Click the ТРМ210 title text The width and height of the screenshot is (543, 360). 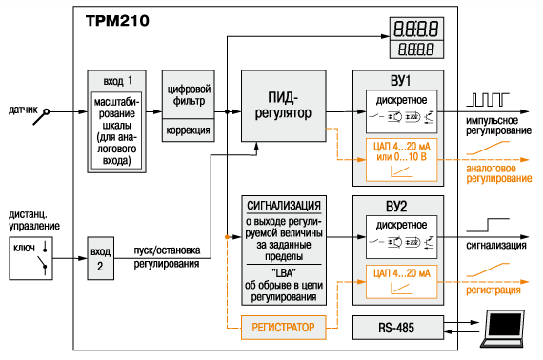117,21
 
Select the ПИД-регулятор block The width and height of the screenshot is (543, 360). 283,106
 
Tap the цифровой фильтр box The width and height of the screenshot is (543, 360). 189,94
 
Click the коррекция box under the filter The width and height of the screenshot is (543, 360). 189,130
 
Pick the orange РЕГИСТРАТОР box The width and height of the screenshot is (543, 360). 283,328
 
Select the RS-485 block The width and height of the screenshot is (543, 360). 398,328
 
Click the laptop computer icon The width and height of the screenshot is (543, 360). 503,329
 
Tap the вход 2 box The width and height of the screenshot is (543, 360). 100,258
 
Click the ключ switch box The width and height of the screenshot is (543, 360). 30,258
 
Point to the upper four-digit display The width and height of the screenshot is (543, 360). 416,29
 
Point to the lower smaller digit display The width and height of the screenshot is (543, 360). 416,50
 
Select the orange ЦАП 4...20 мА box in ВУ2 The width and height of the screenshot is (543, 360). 402,282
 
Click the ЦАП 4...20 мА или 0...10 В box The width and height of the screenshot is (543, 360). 402,160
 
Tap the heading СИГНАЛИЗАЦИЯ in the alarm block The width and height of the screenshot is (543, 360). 284,206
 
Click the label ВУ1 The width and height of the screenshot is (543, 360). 400,81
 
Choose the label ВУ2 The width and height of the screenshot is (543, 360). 396,207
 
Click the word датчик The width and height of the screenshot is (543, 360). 23,110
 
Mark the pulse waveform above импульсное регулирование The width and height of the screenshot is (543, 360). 488,99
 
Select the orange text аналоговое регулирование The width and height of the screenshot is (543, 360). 498,173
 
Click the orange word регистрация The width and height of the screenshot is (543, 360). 493,290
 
